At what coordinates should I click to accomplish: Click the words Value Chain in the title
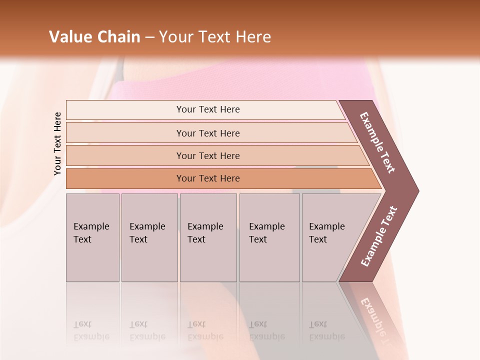(x=94, y=37)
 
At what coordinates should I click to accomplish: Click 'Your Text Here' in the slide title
(x=215, y=37)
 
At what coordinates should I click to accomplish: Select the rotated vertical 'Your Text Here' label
(x=57, y=143)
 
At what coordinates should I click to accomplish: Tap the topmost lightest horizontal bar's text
(x=208, y=109)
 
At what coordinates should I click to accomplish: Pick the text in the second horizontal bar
(x=208, y=133)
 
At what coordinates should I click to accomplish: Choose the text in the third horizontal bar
(x=208, y=156)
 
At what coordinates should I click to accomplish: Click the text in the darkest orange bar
(x=208, y=178)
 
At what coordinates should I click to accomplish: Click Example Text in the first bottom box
(x=91, y=233)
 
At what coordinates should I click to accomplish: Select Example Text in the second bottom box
(x=147, y=233)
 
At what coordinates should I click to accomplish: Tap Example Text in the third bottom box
(x=205, y=233)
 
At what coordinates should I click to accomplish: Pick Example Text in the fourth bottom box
(x=266, y=233)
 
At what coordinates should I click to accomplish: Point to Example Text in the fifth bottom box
(x=326, y=233)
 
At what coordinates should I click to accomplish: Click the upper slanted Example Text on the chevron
(x=377, y=142)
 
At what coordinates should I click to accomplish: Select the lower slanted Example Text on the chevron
(x=379, y=236)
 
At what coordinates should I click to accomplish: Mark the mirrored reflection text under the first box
(x=91, y=330)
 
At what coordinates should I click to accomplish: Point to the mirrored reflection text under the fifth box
(x=326, y=330)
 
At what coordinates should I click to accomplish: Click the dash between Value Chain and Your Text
(x=149, y=37)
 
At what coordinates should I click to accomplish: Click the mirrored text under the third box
(x=205, y=330)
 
